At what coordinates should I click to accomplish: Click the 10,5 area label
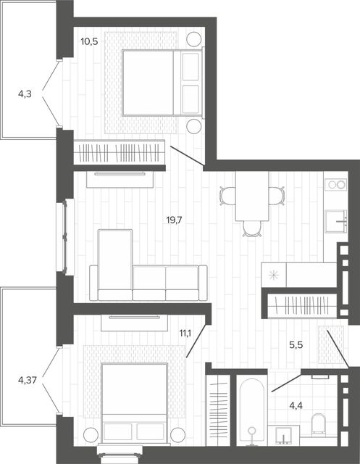[89, 41]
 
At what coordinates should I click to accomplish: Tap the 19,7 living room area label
[174, 220]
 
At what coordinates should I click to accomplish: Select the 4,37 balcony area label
[28, 380]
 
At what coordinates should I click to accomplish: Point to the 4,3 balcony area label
[25, 94]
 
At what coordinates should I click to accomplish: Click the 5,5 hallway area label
[296, 345]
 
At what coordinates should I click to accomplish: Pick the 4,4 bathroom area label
[296, 406]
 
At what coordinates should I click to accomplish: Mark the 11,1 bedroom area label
[185, 333]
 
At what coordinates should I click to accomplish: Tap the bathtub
[252, 412]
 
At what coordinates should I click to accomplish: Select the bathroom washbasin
[283, 435]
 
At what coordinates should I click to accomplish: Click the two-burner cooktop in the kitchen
[336, 185]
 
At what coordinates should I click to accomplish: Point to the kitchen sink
[336, 221]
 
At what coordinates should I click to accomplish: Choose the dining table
[252, 196]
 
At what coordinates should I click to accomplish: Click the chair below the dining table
[252, 229]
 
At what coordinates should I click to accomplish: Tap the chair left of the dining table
[227, 196]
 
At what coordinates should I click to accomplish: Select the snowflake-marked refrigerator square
[274, 275]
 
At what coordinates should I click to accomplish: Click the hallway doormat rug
[331, 344]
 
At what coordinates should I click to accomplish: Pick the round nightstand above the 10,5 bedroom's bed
[194, 38]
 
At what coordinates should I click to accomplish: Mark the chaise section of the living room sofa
[115, 265]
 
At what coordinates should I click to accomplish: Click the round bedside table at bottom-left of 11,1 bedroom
[91, 435]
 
